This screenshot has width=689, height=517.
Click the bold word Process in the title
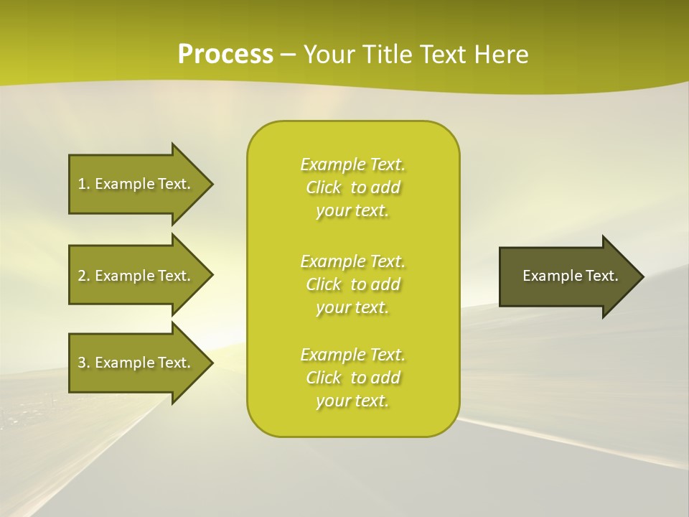[x=225, y=55]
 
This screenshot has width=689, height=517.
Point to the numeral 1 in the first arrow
[x=82, y=184]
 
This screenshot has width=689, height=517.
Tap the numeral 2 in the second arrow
[x=82, y=276]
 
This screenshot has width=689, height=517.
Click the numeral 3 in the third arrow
[x=82, y=363]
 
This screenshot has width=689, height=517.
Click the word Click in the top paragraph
[x=324, y=187]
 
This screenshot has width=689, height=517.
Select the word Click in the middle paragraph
[x=324, y=284]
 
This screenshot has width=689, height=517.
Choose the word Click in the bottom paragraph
[x=324, y=378]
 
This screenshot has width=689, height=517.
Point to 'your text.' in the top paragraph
[x=352, y=211]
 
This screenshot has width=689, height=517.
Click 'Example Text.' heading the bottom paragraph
[x=352, y=355]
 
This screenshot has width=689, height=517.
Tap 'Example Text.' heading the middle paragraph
[x=352, y=261]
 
